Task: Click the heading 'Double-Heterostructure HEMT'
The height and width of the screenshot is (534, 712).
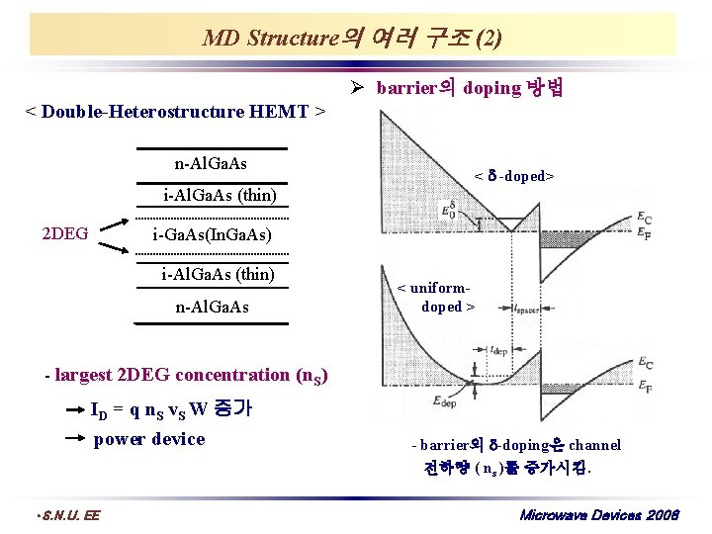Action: (x=174, y=111)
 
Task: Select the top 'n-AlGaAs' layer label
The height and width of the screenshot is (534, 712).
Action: (x=211, y=162)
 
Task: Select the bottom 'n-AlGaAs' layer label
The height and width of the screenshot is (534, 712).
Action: (x=212, y=307)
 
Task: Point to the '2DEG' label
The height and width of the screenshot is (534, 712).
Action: (x=64, y=233)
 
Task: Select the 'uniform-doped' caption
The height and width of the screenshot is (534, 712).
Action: (x=435, y=297)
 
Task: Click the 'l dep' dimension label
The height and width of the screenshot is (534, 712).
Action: (x=500, y=350)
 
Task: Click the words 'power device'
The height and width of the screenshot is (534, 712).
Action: (x=148, y=439)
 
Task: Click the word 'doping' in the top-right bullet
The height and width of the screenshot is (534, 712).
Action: (x=491, y=88)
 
